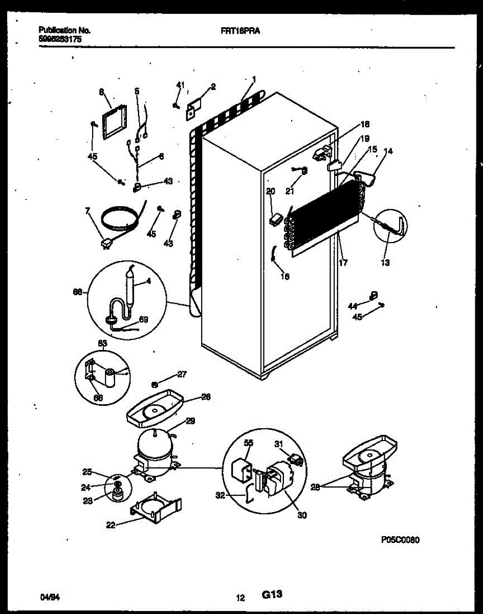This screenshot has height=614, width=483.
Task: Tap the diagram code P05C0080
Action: [x=400, y=540]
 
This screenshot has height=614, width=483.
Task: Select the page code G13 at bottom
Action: [x=272, y=595]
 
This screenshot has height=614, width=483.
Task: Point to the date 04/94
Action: [x=48, y=597]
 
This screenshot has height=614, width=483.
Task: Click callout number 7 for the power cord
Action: [x=87, y=210]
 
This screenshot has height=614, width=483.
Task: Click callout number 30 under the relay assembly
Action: [x=302, y=516]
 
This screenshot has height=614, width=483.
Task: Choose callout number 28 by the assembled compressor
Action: [x=315, y=487]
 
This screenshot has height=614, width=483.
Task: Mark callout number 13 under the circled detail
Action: [x=385, y=263]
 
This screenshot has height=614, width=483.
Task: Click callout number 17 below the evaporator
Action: [x=343, y=264]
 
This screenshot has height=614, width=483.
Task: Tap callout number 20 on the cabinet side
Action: [x=271, y=191]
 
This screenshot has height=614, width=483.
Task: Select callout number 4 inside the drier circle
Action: [x=148, y=280]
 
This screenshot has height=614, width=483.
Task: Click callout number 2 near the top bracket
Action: [x=213, y=87]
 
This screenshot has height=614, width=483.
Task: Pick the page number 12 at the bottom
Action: [x=240, y=597]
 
